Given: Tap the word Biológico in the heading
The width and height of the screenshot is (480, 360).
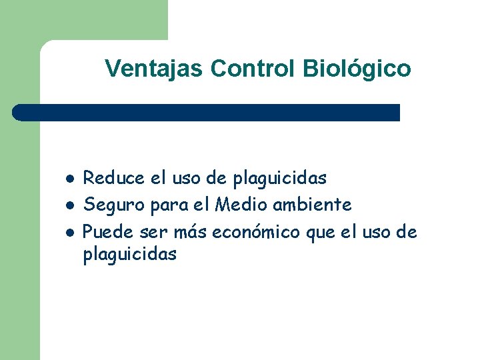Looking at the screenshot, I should (357, 68).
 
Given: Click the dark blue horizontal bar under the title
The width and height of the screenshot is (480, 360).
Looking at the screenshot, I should (207, 112).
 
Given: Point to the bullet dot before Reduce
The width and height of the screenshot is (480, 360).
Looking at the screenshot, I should (69, 179).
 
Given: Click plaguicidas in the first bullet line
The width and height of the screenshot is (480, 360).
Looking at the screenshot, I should (280, 179).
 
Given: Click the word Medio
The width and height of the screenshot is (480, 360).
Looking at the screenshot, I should (237, 205).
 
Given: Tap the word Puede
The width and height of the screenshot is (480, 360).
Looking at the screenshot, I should (107, 232).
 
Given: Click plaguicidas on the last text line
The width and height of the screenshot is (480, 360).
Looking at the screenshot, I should (130, 254).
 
